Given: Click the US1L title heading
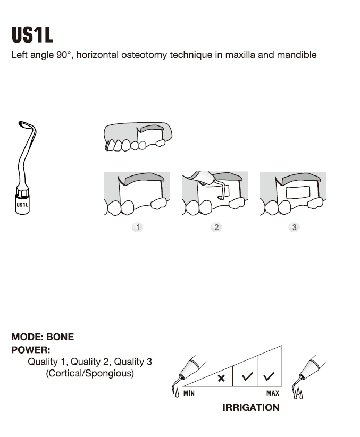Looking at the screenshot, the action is tap(32, 35).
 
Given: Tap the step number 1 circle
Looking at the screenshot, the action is tap(138, 227).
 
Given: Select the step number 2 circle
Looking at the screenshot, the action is tap(216, 227).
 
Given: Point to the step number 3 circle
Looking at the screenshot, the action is tap(294, 227).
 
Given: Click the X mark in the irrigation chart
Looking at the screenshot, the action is tap(221, 378).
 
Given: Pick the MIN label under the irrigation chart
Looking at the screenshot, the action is tap(189, 393).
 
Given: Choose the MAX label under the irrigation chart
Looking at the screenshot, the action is tap(272, 393).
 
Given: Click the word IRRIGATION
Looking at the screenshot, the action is tap(251, 407).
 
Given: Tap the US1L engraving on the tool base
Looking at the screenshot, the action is tap(22, 205).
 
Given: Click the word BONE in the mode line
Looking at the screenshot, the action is tap(60, 337).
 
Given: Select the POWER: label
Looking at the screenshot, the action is tap(31, 350).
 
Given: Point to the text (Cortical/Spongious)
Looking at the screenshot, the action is tap(90, 373).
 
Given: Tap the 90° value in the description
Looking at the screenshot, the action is tap(62, 55).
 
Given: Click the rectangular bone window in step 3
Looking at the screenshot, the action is tap(298, 192).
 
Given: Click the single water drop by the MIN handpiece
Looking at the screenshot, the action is tap(177, 393).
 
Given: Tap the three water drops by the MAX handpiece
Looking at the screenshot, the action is tap(298, 393).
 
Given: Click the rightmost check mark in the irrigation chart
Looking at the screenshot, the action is tap(269, 376).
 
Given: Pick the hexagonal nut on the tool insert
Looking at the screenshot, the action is tap(22, 192).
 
